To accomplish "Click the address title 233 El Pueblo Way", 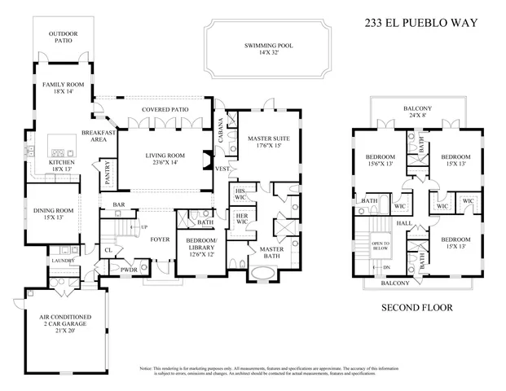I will pyautogui.click(x=421, y=25).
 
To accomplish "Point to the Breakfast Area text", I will pyautogui.click(x=95, y=136).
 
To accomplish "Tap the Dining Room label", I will pyautogui.click(x=54, y=215).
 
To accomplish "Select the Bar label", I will pyautogui.click(x=119, y=204).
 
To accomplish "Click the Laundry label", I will pyautogui.click(x=64, y=261).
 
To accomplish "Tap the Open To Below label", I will pyautogui.click(x=380, y=248).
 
